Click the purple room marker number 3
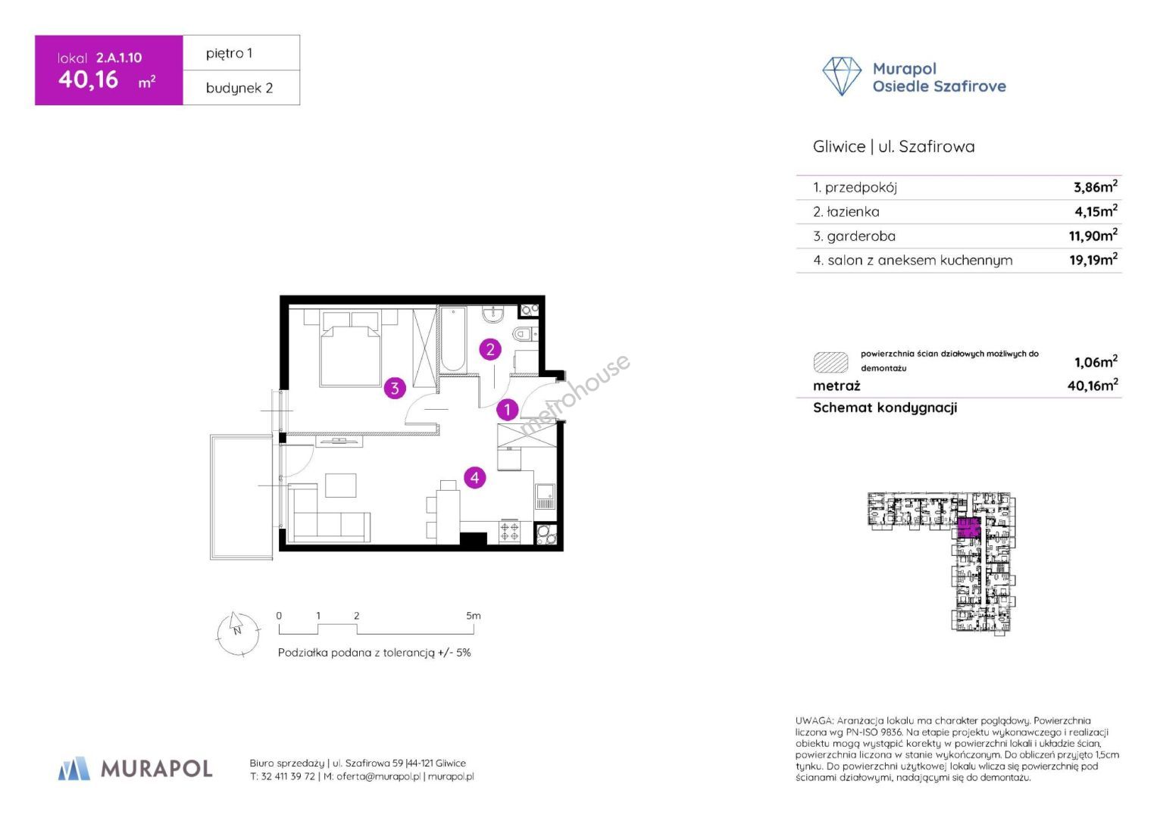(395, 388)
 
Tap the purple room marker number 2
(490, 350)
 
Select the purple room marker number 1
(507, 410)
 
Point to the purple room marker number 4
(474, 478)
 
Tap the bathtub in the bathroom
(453, 339)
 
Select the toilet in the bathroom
(525, 334)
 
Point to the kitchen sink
(545, 496)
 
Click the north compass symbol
(238, 634)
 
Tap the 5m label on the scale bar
(473, 616)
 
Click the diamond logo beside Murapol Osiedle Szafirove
(841, 76)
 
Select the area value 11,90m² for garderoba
(1093, 236)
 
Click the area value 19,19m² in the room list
(1093, 259)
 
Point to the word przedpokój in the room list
(861, 188)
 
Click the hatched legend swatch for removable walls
(830, 362)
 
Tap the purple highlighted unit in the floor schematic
(968, 528)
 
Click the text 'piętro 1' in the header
(229, 53)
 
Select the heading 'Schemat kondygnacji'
(885, 407)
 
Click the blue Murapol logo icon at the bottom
(73, 769)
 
